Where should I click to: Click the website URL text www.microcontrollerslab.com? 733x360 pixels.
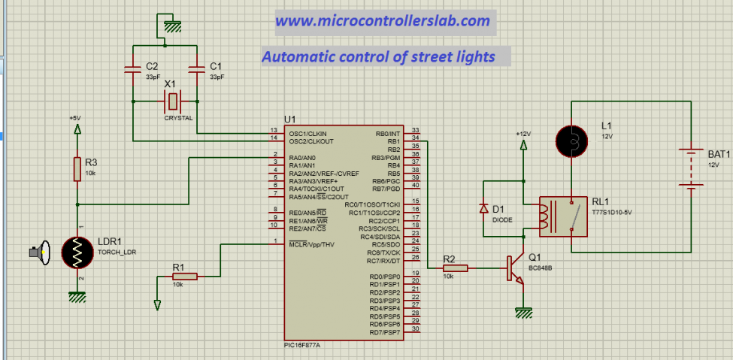[x=383, y=21]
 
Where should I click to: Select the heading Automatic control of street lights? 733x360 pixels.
[x=378, y=56]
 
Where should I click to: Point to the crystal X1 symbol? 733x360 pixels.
[x=172, y=101]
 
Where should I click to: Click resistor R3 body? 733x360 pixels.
[x=77, y=169]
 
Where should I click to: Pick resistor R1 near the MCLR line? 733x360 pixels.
[x=184, y=277]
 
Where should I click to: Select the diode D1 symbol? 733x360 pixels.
[x=483, y=209]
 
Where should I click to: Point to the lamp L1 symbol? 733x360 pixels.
[x=572, y=139]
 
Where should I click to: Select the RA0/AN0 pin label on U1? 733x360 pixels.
[x=301, y=157]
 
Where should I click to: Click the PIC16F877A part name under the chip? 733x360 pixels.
[x=297, y=344]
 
